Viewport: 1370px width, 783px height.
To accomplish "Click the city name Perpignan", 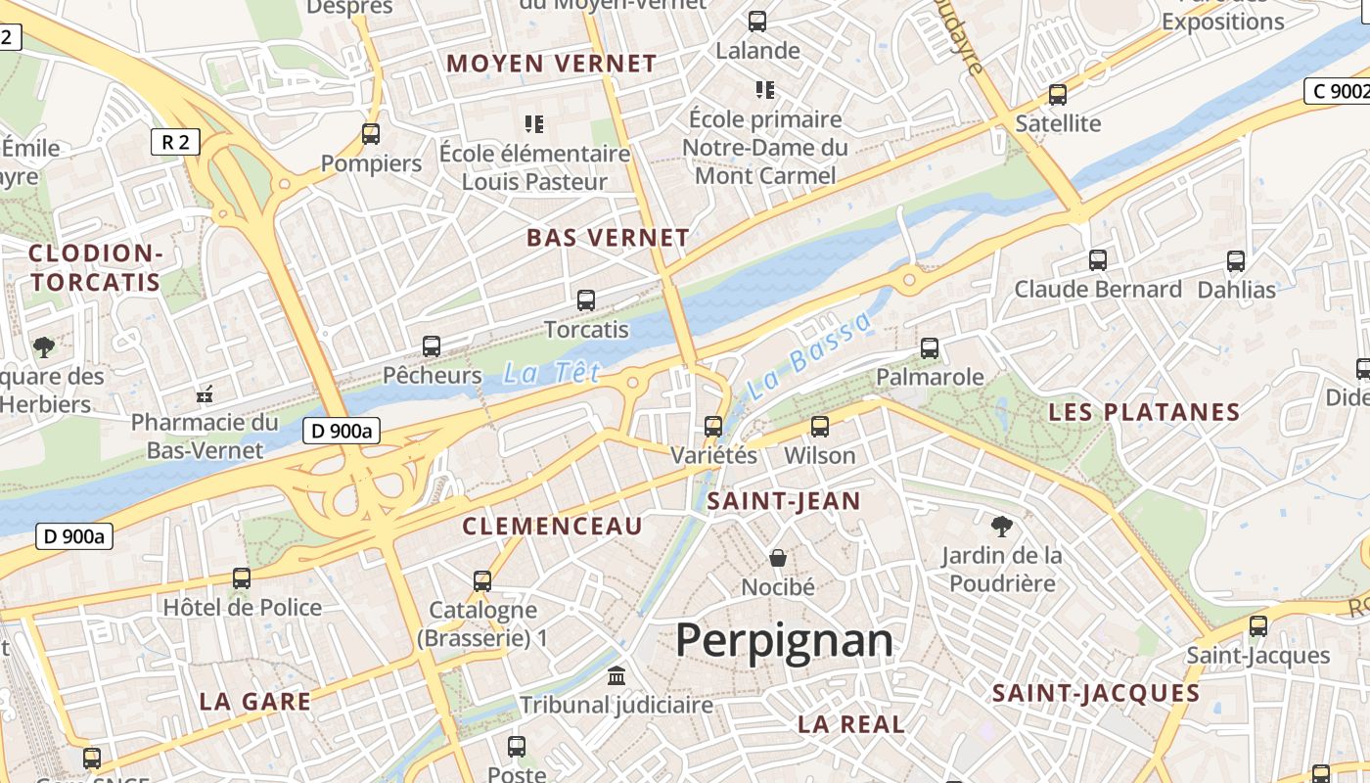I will (784, 641).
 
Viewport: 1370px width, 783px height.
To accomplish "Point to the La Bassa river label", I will (808, 356).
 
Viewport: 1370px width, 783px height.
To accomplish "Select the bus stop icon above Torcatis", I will (586, 300).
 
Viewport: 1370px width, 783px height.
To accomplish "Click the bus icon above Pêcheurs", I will (432, 345).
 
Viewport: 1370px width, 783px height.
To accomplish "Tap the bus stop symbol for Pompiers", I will (371, 134).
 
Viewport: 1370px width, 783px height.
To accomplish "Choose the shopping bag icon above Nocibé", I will (778, 558).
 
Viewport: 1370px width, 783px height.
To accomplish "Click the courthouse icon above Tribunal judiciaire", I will (616, 675).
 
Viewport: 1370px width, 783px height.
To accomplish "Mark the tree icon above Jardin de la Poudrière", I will (1001, 527).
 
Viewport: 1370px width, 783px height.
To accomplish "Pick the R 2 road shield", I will (176, 142).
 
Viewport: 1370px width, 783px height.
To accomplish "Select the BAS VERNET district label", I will (608, 238).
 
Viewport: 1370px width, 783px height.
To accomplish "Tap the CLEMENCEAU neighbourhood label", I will (552, 527).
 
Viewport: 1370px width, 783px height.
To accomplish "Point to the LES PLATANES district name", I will (1144, 412).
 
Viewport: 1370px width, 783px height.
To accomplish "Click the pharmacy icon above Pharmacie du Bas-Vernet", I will (205, 394).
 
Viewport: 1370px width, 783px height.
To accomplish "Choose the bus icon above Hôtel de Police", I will (242, 578).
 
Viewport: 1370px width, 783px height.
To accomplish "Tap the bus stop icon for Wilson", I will (820, 427).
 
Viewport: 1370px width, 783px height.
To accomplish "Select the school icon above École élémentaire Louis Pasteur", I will (534, 124).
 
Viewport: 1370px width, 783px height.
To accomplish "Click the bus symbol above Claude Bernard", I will (1098, 260).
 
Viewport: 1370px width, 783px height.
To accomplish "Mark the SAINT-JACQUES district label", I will (1096, 694).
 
